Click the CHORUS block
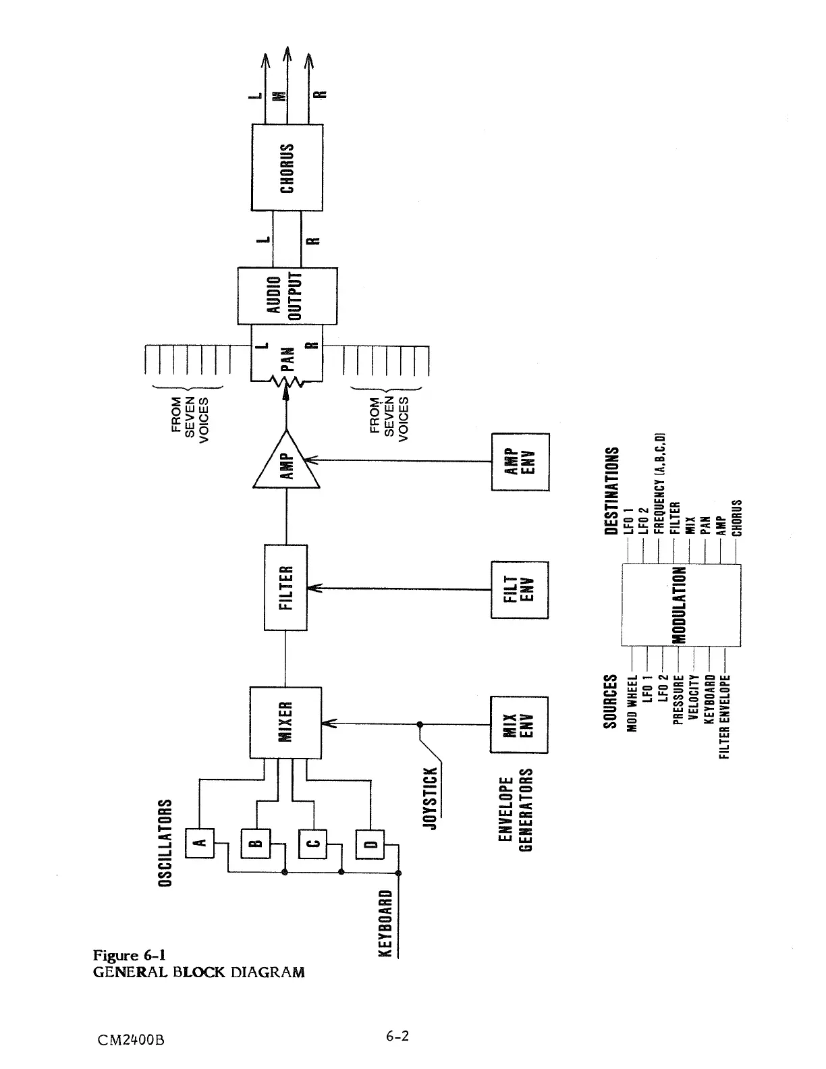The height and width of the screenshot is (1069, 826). coord(287,167)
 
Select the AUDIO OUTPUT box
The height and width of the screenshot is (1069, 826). coord(287,296)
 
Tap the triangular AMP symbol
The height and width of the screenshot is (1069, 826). coord(287,462)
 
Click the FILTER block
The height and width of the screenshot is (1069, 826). coord(286,587)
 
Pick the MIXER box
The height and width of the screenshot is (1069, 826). coord(285,722)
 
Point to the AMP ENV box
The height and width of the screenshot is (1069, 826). coord(520,462)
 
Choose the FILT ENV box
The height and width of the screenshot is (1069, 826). coord(520,589)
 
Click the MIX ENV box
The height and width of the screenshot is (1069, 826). coord(520,724)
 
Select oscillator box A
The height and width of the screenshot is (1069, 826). coord(200,842)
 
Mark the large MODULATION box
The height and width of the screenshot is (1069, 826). coord(680,605)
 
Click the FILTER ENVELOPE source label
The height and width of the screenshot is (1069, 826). coord(725,716)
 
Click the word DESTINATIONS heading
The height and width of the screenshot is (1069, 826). coord(612,491)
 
